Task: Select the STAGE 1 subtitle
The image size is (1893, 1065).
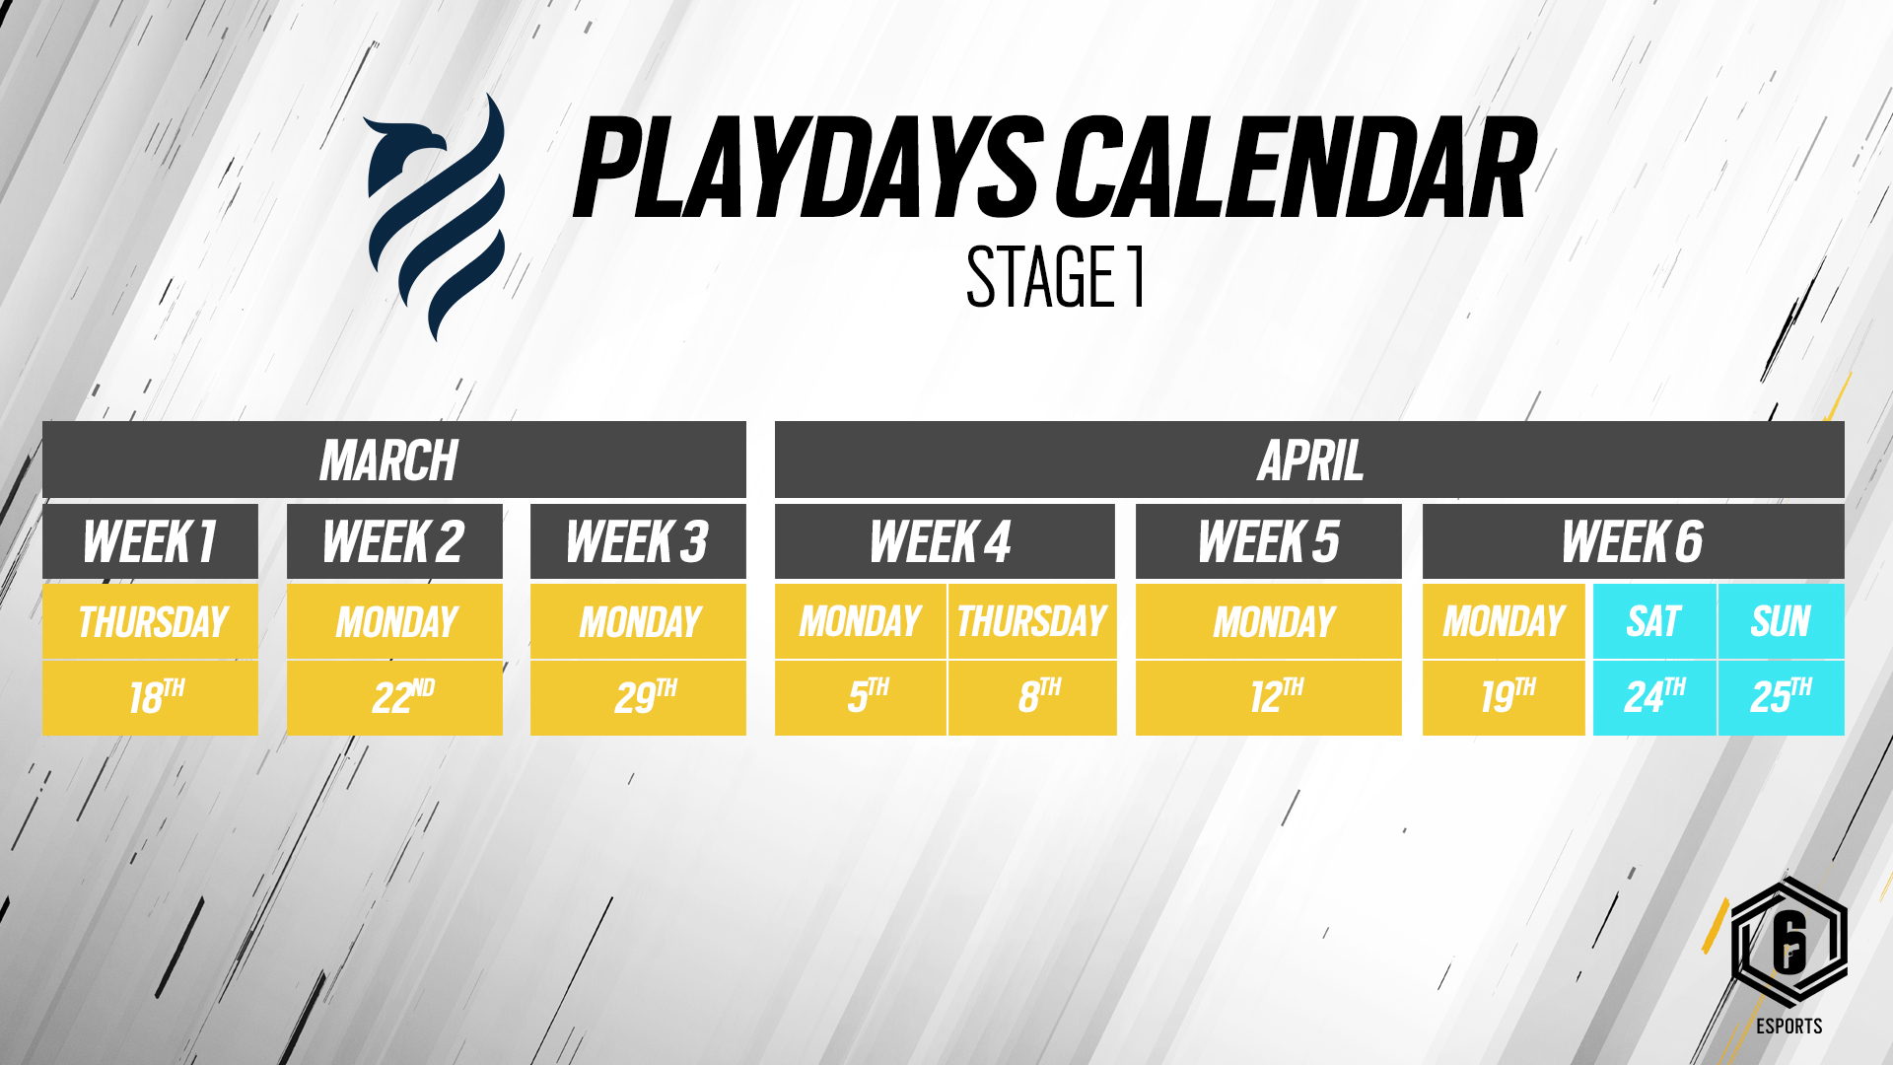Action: pos(1055,277)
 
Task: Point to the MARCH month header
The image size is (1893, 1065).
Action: pos(394,460)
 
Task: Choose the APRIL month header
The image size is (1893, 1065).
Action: pos(1309,460)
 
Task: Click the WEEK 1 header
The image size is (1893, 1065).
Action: pos(150,541)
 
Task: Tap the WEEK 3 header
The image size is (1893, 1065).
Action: pos(638,541)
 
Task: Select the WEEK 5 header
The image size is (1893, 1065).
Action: pos(1268,541)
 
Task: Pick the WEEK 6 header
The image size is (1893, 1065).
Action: pos(1633,541)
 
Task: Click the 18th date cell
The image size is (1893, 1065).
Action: pos(150,697)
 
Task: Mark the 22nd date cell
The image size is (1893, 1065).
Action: pos(394,697)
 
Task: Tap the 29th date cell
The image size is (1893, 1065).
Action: pos(638,697)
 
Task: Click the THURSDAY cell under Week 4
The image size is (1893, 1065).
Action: pos(1032,621)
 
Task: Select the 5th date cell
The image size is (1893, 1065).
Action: pos(861,697)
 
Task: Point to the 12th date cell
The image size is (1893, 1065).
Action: pos(1268,697)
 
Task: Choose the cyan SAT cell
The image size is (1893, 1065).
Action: pos(1654,621)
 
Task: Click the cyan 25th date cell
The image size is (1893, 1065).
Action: pos(1781,697)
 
